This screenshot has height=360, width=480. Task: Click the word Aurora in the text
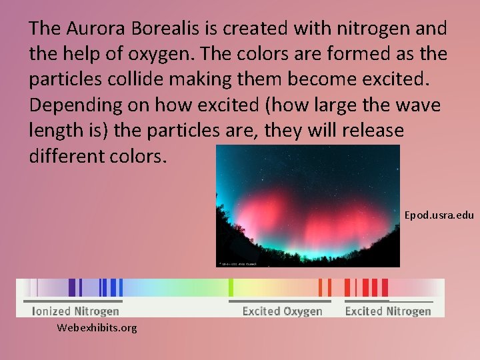[89, 28]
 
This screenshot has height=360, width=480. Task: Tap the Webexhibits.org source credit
[97, 327]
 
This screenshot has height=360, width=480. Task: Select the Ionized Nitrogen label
[76, 311]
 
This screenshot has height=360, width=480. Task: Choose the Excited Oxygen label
[282, 311]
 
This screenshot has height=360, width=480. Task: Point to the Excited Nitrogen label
[388, 311]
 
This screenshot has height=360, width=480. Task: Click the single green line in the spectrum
[231, 287]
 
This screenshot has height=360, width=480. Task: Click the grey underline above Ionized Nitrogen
[75, 301]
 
